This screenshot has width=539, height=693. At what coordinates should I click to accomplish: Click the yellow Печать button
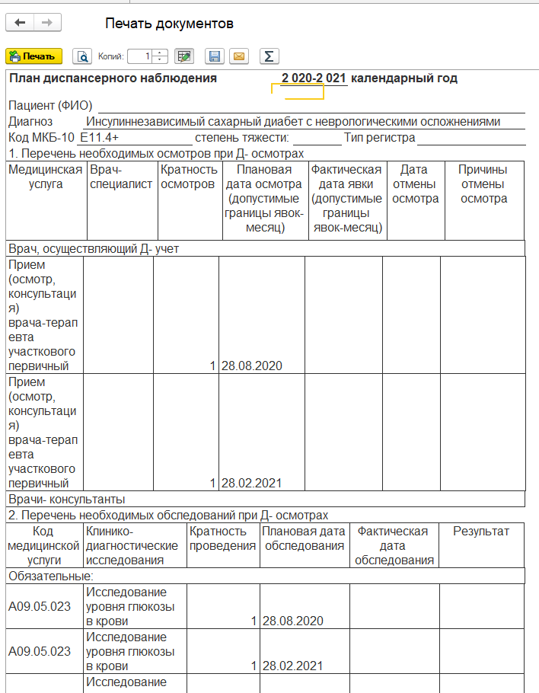point(33,56)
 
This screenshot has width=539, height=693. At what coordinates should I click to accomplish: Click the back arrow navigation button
point(20,23)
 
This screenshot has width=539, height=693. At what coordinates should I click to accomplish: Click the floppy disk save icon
point(215,56)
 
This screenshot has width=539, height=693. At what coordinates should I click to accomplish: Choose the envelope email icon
point(239,56)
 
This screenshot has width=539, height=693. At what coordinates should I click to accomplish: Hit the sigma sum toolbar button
point(268,56)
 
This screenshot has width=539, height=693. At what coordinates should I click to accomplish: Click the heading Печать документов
point(168,24)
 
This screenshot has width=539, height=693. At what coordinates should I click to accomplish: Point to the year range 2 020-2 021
point(314,78)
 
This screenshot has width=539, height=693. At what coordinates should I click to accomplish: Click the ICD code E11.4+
point(100,138)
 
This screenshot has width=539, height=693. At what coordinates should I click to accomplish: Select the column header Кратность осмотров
point(189,177)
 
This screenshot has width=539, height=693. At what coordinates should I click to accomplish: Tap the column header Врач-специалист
point(121,177)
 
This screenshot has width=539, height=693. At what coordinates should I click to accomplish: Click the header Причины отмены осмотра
point(483,184)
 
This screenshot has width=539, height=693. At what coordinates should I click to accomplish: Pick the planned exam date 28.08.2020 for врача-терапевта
point(252,366)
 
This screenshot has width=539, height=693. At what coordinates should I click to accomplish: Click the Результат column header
point(481,532)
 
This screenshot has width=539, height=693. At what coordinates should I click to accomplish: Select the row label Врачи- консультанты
point(66,500)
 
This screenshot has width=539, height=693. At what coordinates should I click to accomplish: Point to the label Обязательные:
point(50,576)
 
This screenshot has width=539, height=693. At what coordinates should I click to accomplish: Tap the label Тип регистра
point(379,138)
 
